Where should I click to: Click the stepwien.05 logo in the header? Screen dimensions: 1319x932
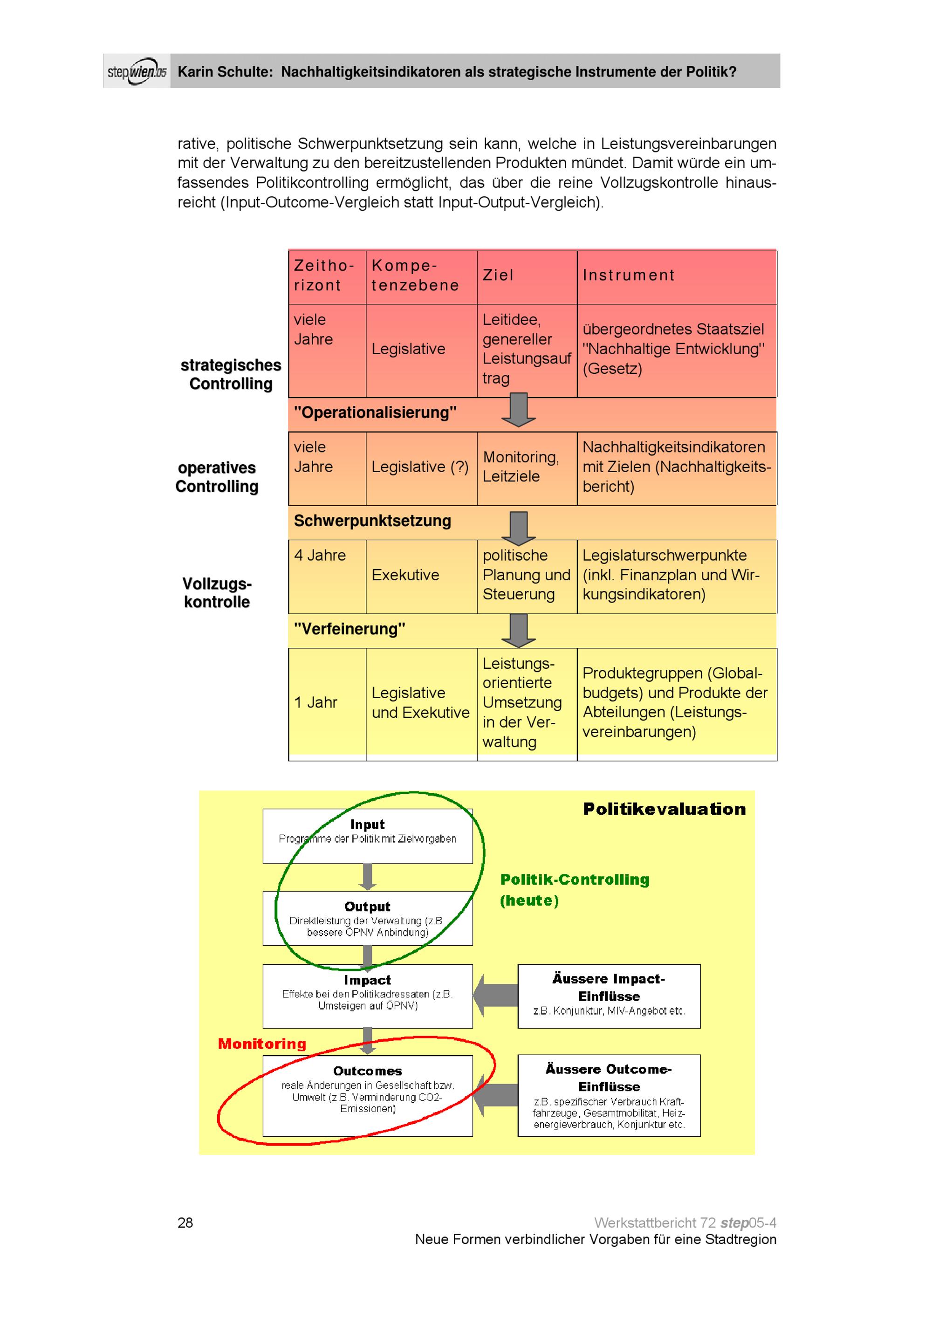click(x=137, y=72)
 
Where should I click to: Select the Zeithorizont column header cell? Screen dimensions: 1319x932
click(x=325, y=276)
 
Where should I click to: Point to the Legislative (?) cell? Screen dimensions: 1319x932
click(x=420, y=467)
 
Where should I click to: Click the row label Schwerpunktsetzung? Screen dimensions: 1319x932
click(x=373, y=521)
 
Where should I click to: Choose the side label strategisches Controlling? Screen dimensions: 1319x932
click(x=231, y=375)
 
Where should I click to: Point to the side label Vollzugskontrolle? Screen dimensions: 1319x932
click(x=217, y=593)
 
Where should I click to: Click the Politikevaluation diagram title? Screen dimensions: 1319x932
click(x=665, y=810)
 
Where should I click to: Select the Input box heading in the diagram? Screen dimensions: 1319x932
click(x=368, y=825)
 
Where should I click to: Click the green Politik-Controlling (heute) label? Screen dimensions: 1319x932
click(x=574, y=890)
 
